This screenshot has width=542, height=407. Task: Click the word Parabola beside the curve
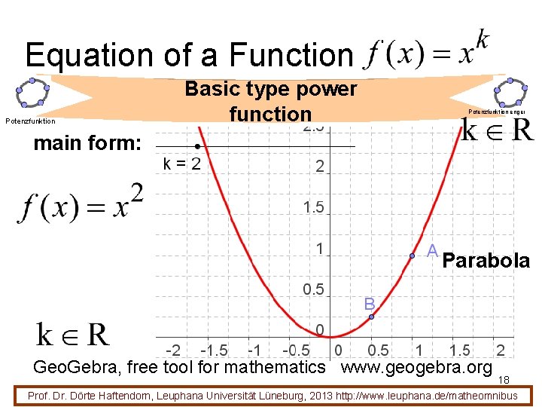coord(486,262)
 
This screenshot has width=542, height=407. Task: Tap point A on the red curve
coord(412,256)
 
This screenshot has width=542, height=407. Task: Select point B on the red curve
coord(371,317)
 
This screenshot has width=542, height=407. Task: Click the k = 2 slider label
coord(182,164)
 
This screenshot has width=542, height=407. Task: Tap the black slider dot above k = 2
coord(196,146)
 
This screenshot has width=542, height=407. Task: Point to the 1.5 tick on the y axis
coord(313,207)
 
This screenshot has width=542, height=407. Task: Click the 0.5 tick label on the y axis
coord(313,290)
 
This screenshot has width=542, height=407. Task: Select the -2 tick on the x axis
coord(173,350)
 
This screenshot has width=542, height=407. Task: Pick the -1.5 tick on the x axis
coord(214,350)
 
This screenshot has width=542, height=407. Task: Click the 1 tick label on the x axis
coord(419,350)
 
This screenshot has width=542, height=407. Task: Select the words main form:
coord(87,142)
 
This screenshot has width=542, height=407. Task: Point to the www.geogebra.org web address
coord(416,368)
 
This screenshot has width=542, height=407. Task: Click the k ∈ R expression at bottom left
coord(73,334)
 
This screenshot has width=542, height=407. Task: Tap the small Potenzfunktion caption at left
coord(30,121)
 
